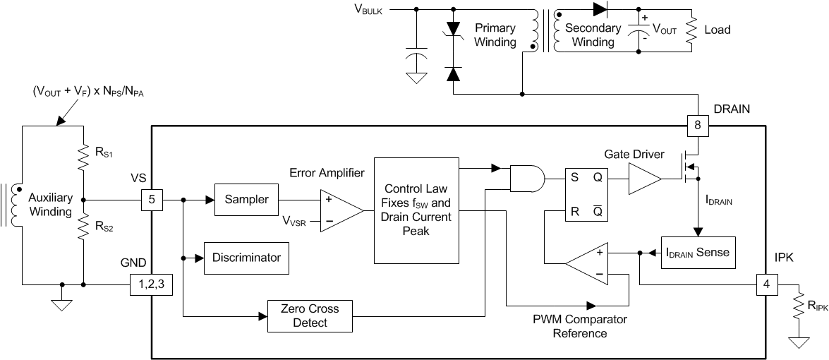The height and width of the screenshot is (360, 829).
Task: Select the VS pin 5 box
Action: (152, 200)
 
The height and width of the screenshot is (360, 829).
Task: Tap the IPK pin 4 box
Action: (766, 285)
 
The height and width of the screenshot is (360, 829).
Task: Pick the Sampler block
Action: (246, 200)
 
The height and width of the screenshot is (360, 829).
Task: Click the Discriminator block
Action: (246, 258)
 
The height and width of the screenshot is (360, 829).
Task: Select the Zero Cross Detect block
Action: (309, 316)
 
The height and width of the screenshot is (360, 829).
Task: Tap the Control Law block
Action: (417, 210)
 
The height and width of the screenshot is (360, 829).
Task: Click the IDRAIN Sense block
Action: (698, 252)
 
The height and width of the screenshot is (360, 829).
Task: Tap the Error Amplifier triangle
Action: (341, 210)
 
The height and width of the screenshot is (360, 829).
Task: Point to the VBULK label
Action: (366, 10)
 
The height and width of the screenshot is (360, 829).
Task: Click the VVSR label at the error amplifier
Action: (295, 222)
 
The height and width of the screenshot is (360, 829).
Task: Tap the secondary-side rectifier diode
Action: (601, 9)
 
